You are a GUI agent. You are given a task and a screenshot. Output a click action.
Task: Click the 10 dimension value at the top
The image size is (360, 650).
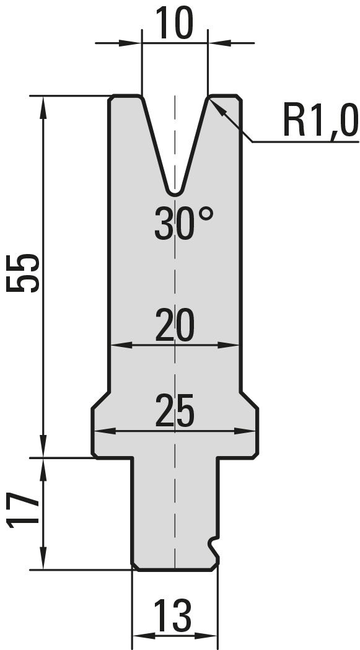tap(174, 23)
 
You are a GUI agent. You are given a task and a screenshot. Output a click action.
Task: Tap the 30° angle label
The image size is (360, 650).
tap(184, 223)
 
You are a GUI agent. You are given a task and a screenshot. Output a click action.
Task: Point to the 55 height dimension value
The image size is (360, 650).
tap(23, 273)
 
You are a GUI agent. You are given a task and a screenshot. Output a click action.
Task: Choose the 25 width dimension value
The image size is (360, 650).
tap(175, 411)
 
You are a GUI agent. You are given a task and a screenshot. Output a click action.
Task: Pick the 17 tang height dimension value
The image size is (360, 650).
tap(23, 511)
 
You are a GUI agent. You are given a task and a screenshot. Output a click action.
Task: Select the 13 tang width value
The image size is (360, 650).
tap(173, 615)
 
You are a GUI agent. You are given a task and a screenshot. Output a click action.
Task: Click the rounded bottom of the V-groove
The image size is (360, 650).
tap(175, 192)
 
